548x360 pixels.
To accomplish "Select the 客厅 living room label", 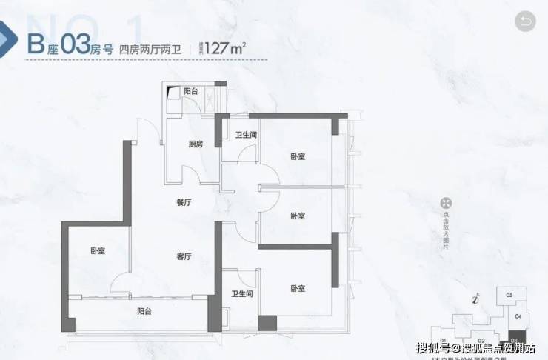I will coord(184,256).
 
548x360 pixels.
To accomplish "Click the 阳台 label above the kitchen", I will coord(191,91).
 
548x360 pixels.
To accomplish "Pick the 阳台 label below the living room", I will coord(144,312).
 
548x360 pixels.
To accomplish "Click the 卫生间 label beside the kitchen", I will coord(246,135).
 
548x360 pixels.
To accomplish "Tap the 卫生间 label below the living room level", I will coord(243,294).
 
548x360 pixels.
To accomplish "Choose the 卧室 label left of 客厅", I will coord(98,251).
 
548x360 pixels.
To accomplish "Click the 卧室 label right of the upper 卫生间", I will coord(298,156).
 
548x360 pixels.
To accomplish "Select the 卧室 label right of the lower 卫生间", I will coord(298,288).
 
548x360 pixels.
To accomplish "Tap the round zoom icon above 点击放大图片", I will coord(446,203).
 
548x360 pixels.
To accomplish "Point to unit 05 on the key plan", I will coord(509,295).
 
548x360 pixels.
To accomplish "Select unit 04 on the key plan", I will coord(518,317).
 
